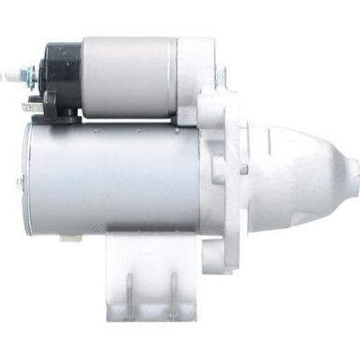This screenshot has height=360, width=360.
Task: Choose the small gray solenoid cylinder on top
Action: (x=131, y=75)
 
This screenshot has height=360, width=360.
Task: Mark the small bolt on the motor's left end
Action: (x=19, y=183)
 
